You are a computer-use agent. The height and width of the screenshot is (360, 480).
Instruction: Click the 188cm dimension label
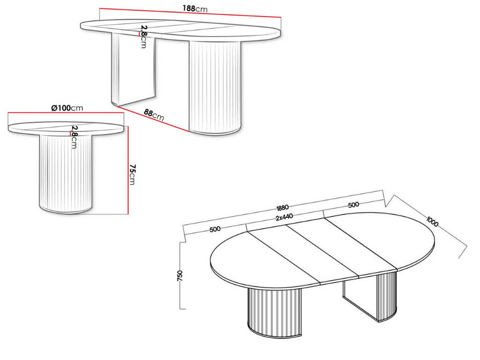pos(195,8)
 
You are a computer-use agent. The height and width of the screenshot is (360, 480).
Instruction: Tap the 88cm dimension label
pos(154,115)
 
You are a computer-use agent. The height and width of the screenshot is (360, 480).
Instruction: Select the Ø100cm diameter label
pos(67,108)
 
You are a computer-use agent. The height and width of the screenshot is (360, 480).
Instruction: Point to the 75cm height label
pos(132,174)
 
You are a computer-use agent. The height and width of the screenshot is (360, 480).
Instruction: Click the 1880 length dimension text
pos(282,208)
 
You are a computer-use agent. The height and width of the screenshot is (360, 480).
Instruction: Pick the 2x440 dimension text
pos(284,217)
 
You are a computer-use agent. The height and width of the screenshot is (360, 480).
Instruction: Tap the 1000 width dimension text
pos(432,221)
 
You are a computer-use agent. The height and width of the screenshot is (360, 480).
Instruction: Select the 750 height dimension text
pos(180,276)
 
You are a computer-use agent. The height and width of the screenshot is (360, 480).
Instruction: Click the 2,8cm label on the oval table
pos(144,36)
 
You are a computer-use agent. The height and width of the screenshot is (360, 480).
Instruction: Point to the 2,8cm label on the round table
pos(74,137)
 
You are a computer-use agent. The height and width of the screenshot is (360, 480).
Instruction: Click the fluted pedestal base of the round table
pos(66,174)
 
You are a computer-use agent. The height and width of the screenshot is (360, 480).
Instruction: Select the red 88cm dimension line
pos(153,119)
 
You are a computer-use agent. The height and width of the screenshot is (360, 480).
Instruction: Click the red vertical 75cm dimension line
pos(128,170)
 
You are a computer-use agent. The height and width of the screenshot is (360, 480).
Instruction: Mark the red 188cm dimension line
pos(190,13)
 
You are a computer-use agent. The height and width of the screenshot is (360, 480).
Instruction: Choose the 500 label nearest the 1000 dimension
pos(353,205)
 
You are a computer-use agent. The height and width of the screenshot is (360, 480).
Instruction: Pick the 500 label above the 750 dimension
pos(215,229)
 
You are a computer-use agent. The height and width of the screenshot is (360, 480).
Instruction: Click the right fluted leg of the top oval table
pos(215,88)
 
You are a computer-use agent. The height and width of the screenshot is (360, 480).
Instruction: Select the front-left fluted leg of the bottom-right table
pos(274,315)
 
